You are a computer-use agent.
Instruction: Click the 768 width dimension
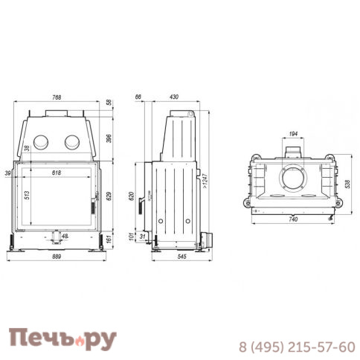click(x=56, y=97)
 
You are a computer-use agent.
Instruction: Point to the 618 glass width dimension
click(x=57, y=173)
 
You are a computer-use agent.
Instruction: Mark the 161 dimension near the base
click(x=108, y=240)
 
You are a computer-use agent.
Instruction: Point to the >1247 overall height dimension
click(x=204, y=181)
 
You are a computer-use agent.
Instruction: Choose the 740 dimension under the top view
click(x=292, y=221)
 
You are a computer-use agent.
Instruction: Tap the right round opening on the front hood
click(x=71, y=141)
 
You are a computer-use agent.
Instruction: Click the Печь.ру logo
click(x=62, y=339)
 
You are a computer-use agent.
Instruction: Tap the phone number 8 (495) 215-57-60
click(x=296, y=347)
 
